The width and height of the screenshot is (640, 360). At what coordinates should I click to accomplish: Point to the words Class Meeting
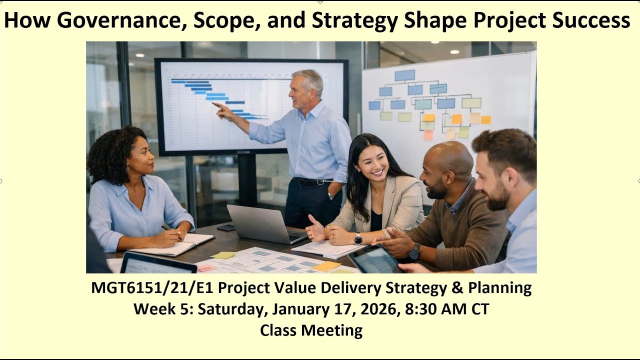coord(311,330)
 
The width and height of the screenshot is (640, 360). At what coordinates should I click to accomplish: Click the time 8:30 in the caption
coord(416,309)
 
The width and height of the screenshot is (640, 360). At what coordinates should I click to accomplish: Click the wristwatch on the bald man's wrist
coord(414,251)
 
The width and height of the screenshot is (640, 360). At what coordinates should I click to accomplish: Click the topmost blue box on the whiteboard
coord(404,75)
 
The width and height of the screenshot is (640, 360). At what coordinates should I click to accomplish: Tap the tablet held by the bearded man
coord(374,259)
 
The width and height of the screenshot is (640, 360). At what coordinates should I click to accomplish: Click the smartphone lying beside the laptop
coord(226,227)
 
